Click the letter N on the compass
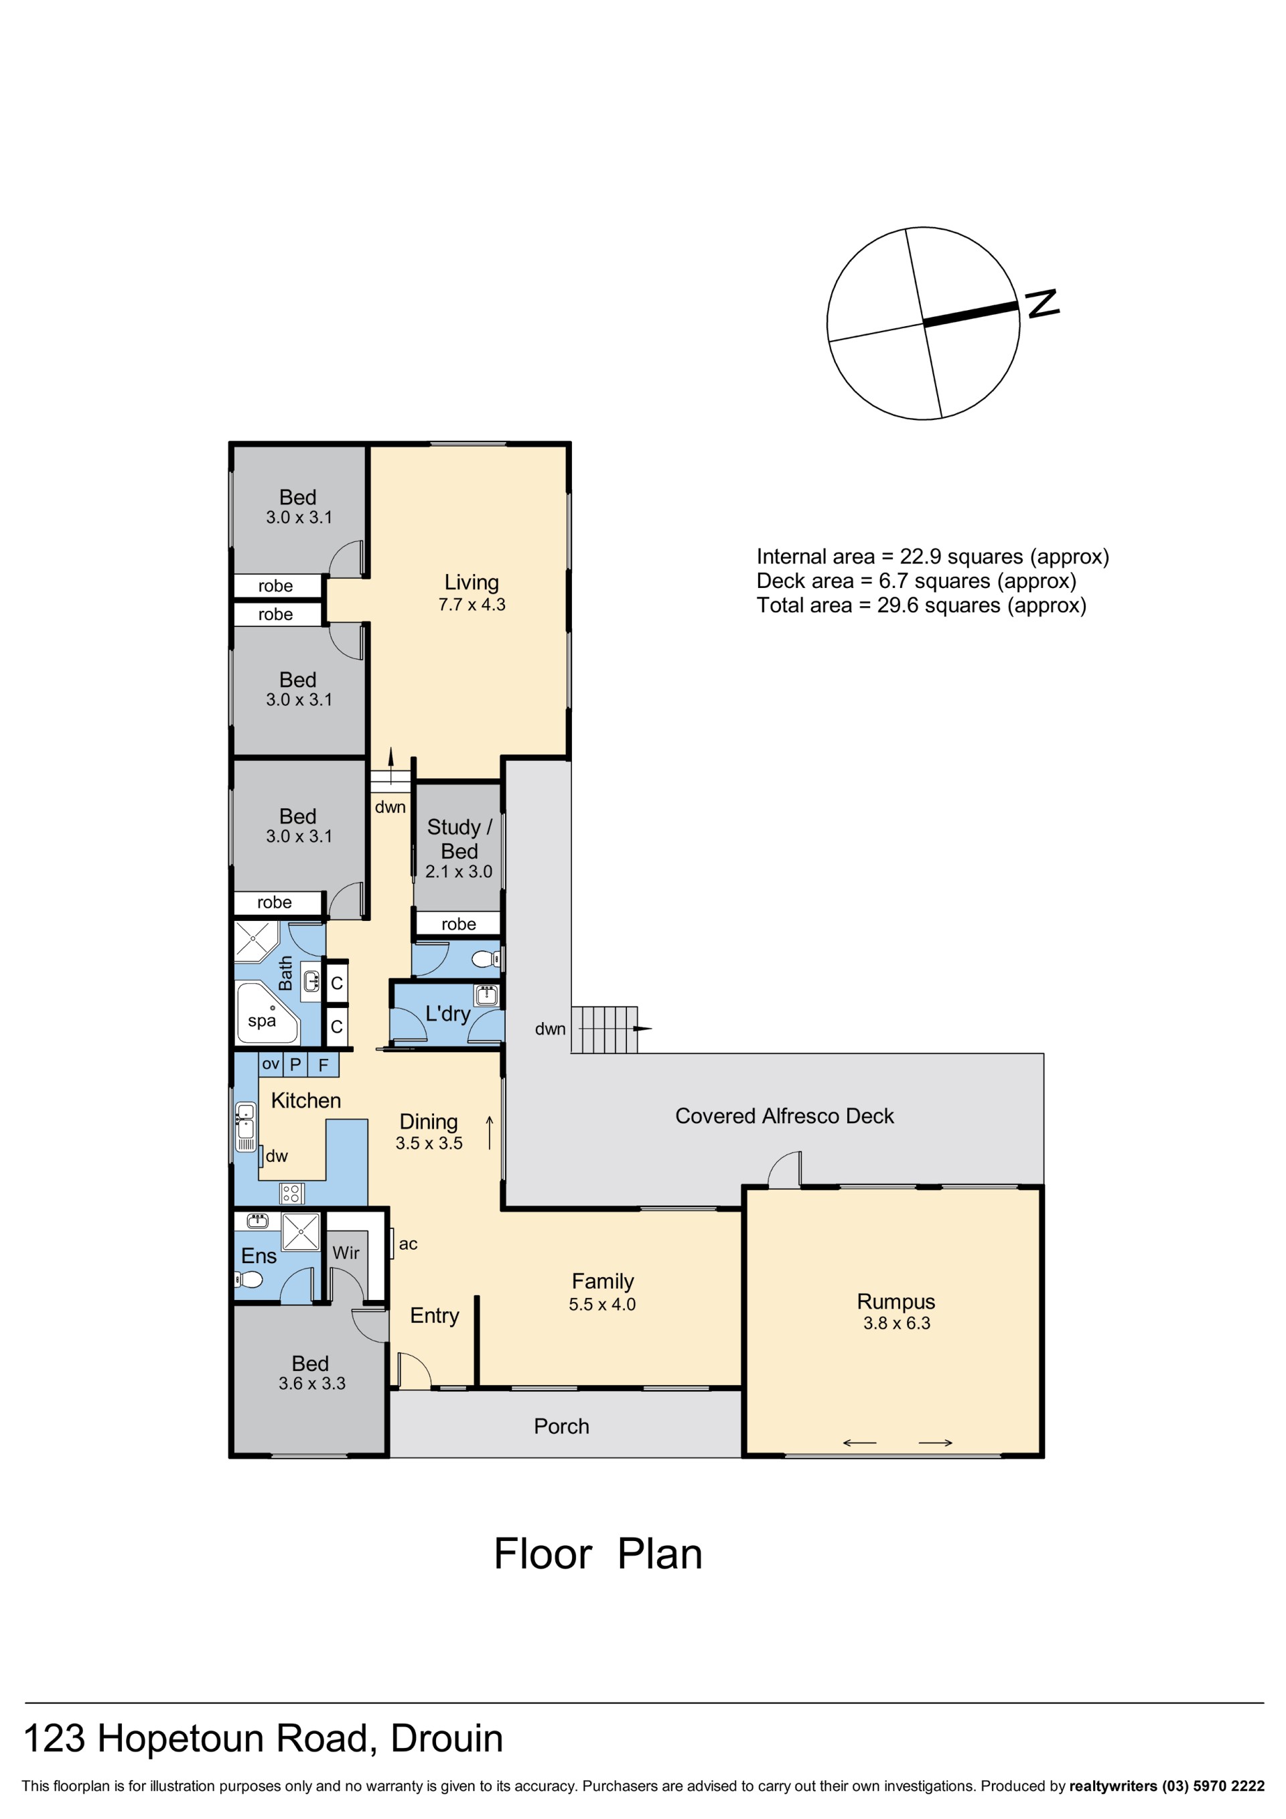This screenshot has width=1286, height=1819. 1042,303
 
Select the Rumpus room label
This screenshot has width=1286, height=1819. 896,1302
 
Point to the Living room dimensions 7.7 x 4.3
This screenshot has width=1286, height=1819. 472,605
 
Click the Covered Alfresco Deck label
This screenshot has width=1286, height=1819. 784,1116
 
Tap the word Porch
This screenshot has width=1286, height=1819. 561,1426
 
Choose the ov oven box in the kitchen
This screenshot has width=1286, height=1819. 270,1064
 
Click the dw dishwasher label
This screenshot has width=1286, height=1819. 277,1156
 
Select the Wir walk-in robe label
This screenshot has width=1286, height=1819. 346,1252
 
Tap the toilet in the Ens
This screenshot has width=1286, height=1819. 248,1279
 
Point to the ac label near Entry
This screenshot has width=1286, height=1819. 408,1244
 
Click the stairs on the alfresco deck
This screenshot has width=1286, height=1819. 603,1029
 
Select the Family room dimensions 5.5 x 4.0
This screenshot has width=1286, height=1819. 602,1304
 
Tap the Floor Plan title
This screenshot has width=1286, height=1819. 597,1554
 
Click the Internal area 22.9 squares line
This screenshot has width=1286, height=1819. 932,557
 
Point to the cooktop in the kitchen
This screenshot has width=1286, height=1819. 291,1193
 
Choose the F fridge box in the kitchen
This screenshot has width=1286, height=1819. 324,1064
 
